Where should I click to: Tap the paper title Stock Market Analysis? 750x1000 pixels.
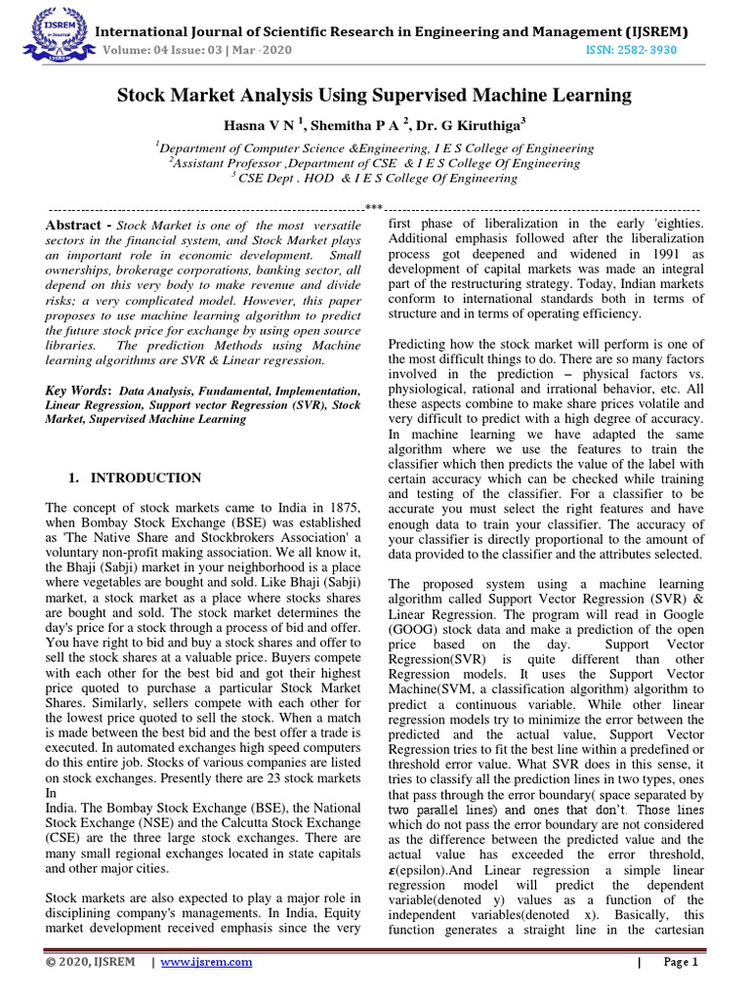click(x=374, y=95)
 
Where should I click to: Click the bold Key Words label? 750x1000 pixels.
click(x=79, y=391)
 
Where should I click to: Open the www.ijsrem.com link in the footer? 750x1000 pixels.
click(x=205, y=962)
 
